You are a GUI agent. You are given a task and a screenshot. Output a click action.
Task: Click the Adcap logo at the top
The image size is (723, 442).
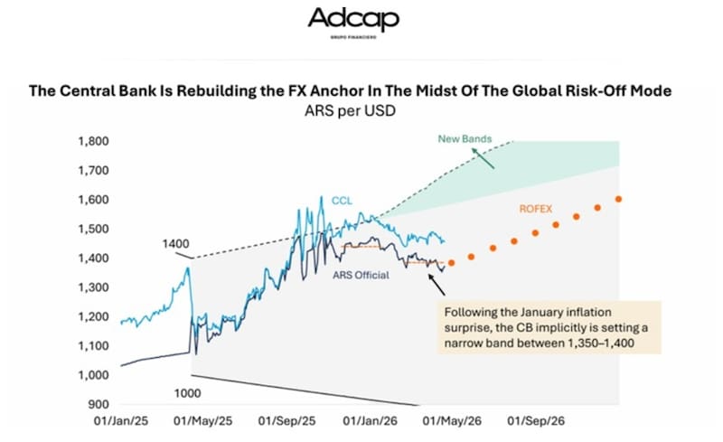point(352,22)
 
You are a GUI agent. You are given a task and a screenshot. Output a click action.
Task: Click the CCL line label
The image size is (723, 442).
point(343,200)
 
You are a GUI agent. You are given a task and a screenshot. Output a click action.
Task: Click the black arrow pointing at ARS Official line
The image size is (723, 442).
point(436,285)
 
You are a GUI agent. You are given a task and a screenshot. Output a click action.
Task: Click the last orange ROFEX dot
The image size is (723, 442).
point(619,199)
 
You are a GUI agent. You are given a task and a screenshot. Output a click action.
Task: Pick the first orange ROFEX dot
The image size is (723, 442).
point(451,262)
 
